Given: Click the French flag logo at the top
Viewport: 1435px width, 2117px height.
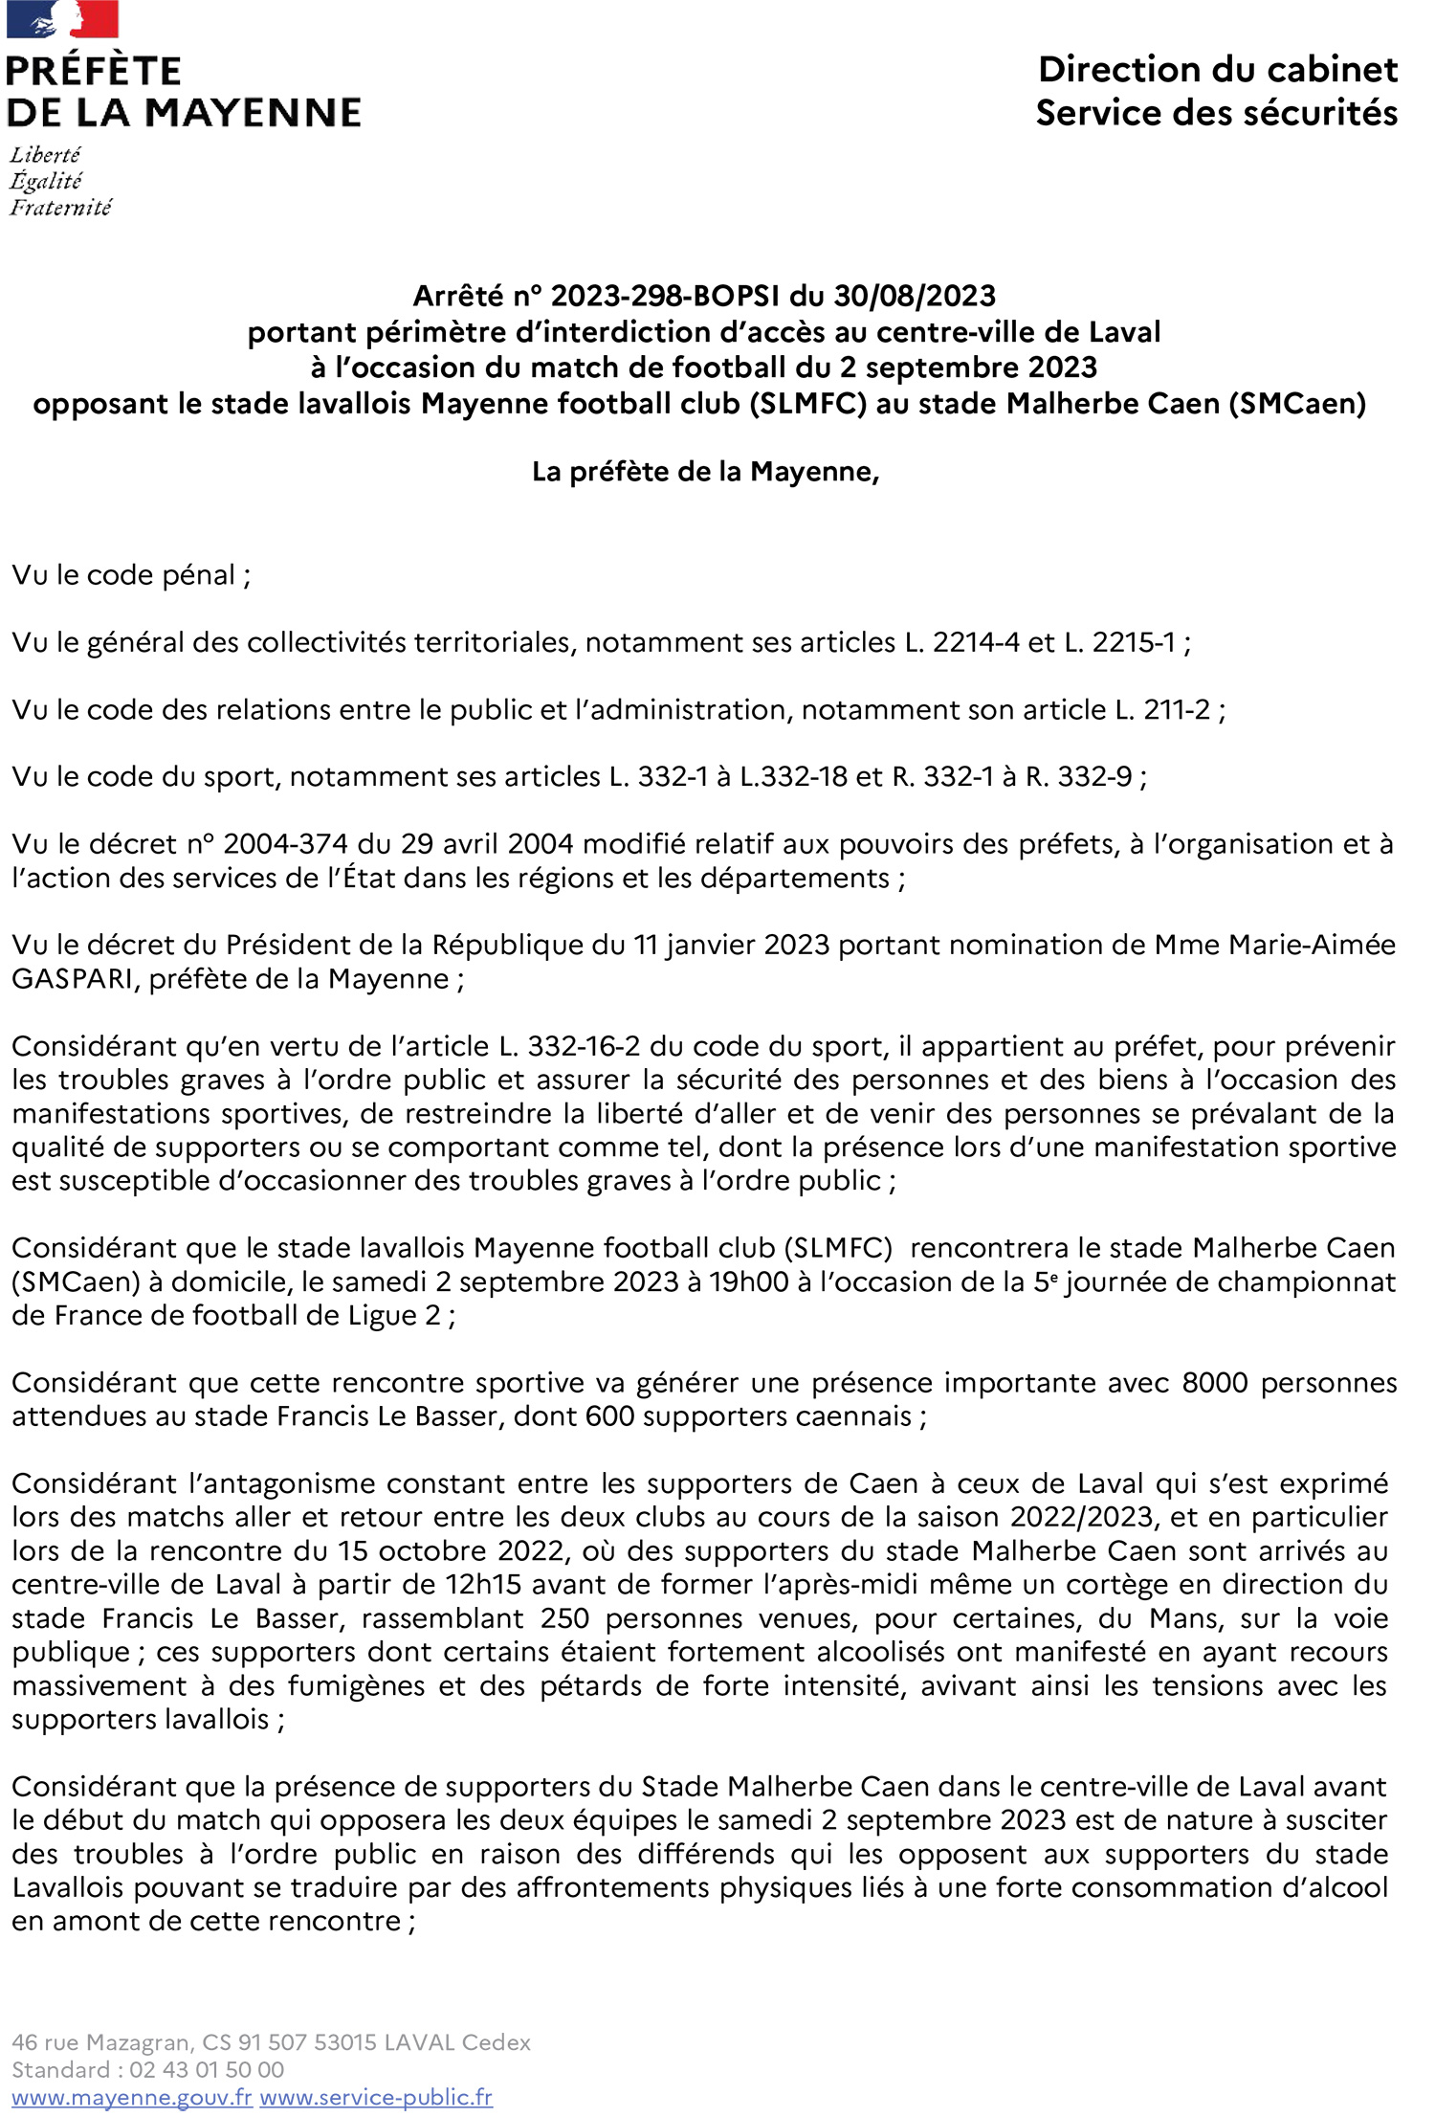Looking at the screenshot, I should (x=62, y=19).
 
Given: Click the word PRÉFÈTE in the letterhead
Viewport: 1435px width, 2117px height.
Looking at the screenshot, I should (x=94, y=72).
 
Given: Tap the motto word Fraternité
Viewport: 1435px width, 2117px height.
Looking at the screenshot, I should (x=60, y=208).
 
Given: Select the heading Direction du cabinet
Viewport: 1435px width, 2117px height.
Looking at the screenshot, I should (x=1217, y=70).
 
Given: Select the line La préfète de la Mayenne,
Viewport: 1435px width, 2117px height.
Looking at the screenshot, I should (x=705, y=472).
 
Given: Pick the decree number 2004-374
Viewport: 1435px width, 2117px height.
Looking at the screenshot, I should (x=286, y=844).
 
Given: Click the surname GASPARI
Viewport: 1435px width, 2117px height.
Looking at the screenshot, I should (x=74, y=979).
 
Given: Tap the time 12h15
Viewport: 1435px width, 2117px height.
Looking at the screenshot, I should (x=483, y=1584).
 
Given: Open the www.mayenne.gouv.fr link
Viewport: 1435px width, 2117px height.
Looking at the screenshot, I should (x=132, y=2097).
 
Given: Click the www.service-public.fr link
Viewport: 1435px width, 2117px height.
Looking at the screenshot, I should (x=376, y=2097).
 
